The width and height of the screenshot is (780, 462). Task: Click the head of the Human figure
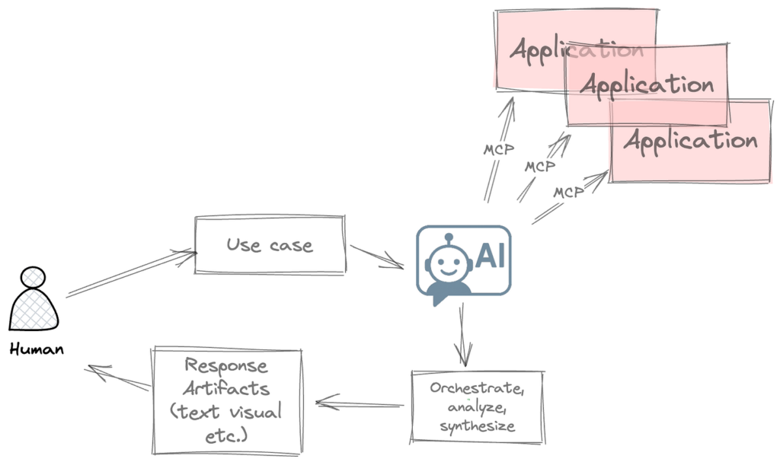[x=33, y=278]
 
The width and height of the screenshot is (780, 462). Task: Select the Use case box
[x=270, y=245]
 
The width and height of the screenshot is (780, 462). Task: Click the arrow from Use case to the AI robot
[x=376, y=256]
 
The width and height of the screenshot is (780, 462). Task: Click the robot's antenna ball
[x=448, y=237]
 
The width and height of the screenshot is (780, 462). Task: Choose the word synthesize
[x=477, y=425]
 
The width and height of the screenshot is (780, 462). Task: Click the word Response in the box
[x=227, y=365]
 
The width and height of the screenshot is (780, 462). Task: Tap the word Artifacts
[x=227, y=388]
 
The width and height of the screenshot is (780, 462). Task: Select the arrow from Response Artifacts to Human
[x=118, y=378]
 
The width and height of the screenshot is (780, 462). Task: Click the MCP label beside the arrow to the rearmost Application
[x=498, y=149]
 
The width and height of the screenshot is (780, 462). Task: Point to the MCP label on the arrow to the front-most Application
[x=568, y=193]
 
